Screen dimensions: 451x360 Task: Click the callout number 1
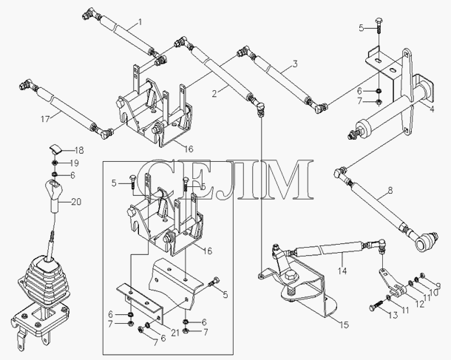140,22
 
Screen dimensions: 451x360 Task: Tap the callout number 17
45,119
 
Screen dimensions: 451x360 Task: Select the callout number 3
295,64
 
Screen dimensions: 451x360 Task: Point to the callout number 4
432,109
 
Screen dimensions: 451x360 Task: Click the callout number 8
390,191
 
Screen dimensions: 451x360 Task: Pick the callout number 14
342,271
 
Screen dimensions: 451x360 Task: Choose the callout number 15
344,325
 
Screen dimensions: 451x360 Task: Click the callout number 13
393,315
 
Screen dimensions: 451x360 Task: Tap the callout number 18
79,150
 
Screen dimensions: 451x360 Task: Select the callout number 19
74,163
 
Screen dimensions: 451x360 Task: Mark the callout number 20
76,202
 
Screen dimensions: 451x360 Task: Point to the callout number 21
175,333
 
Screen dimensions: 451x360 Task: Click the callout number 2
214,93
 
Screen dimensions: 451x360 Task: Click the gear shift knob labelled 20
55,196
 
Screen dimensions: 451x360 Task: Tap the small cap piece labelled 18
55,149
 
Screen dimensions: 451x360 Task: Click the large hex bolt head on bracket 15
289,276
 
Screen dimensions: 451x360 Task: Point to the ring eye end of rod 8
423,241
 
